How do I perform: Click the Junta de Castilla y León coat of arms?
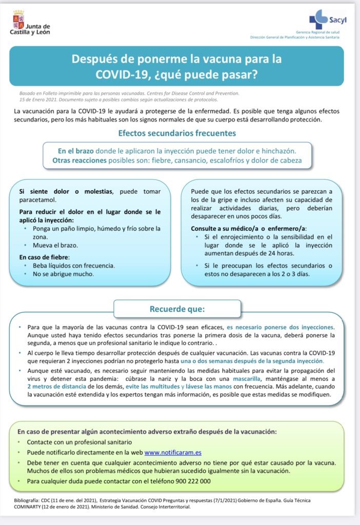click(x=17, y=19)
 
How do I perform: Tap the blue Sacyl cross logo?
click(x=318, y=19)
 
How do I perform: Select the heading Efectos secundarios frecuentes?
click(x=177, y=133)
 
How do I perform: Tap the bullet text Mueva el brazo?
click(x=55, y=245)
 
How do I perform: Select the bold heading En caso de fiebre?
click(x=44, y=256)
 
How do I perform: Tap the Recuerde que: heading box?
click(x=177, y=309)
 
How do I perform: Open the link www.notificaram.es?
click(x=173, y=453)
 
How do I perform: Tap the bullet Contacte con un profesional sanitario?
click(x=79, y=442)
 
